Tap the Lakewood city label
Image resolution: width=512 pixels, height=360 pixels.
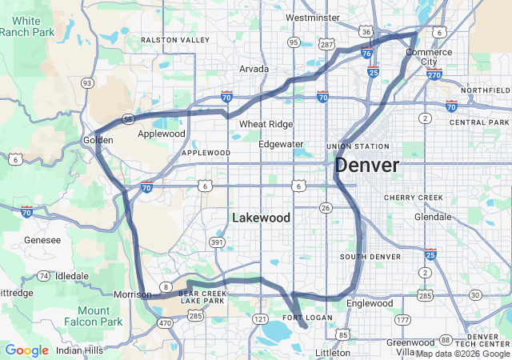[261, 218]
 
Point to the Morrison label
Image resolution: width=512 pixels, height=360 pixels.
[132, 294]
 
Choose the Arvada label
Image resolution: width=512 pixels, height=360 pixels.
[254, 69]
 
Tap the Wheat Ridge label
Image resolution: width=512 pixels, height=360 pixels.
[266, 124]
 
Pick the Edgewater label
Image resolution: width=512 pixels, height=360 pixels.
[281, 144]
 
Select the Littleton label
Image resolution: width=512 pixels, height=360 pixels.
[333, 352]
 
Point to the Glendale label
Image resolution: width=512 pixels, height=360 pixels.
[432, 217]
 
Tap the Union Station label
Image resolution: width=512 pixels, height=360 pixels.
[358, 146]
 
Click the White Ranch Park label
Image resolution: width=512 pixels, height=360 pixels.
[27, 26]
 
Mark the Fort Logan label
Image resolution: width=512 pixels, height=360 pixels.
[308, 318]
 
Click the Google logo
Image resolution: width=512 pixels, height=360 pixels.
[26, 350]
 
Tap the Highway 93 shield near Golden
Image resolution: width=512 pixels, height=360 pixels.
[86, 82]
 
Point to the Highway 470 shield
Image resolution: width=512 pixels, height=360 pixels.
[165, 323]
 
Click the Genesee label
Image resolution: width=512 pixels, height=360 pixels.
[42, 240]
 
